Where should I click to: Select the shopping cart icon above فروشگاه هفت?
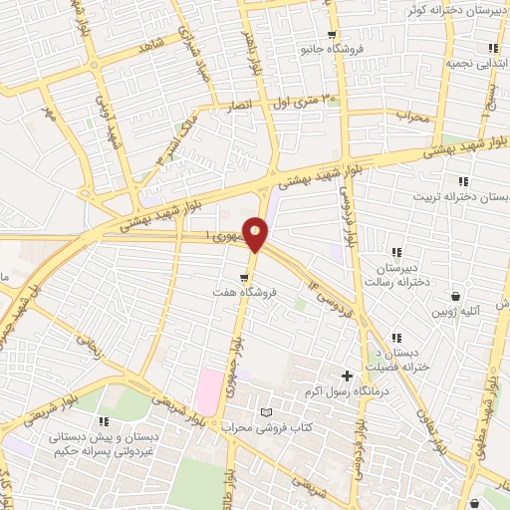pyautogui.click(x=244, y=277)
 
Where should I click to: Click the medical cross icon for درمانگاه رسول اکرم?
pyautogui.click(x=347, y=376)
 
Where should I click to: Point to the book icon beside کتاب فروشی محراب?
pyautogui.click(x=264, y=412)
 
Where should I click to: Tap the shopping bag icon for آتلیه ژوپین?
pyautogui.click(x=456, y=296)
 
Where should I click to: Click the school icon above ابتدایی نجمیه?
pyautogui.click(x=493, y=47)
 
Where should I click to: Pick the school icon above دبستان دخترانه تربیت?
pyautogui.click(x=462, y=180)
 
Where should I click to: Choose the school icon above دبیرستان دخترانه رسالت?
pyautogui.click(x=396, y=252)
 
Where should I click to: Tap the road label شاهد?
pyautogui.click(x=151, y=46)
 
